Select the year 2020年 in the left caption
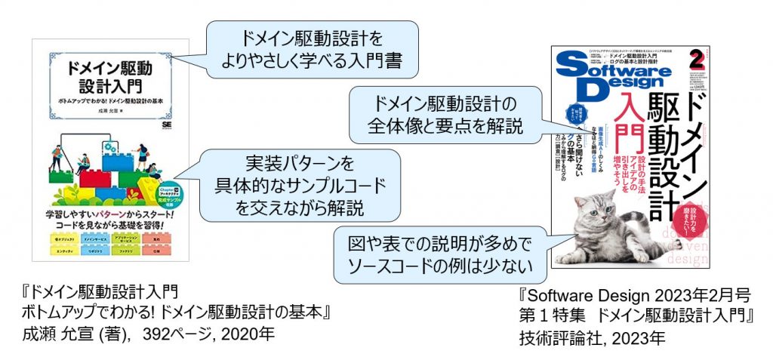239,334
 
